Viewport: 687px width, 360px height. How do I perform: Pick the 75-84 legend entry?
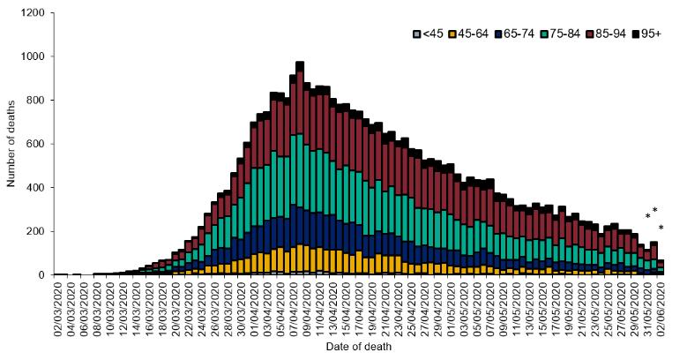pyautogui.click(x=562, y=34)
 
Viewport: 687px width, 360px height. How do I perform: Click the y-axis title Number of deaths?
pyautogui.click(x=11, y=144)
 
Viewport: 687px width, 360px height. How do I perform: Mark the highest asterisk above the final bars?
pyautogui.click(x=654, y=210)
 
